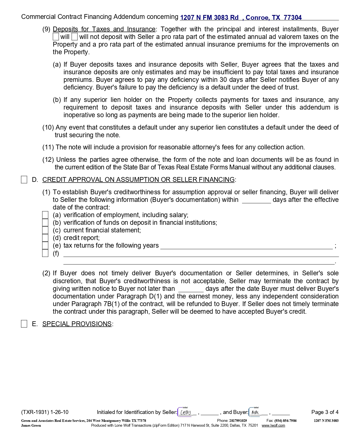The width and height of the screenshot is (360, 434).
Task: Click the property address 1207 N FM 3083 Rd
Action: click(x=209, y=18)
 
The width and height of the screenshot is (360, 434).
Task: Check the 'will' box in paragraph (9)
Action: click(x=56, y=37)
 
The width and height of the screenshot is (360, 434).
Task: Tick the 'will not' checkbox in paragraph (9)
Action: click(x=75, y=37)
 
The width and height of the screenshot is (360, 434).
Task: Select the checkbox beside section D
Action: click(x=24, y=180)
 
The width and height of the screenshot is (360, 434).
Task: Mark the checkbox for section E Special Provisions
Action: click(x=24, y=324)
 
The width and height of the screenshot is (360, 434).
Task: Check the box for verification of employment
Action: click(x=45, y=215)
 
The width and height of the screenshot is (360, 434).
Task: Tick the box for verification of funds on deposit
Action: click(x=45, y=223)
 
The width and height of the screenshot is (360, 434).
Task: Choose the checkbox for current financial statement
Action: click(x=45, y=230)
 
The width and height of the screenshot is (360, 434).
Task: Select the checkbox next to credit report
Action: click(x=45, y=238)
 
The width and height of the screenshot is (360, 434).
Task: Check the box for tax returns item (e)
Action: click(x=45, y=245)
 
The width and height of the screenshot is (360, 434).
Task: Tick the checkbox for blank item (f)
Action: click(x=45, y=253)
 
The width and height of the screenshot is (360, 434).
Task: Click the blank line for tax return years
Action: click(x=246, y=246)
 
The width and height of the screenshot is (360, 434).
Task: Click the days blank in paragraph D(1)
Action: click(x=256, y=200)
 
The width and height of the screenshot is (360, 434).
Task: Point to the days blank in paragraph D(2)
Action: click(x=191, y=289)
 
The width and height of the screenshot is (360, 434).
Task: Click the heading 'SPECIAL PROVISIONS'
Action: click(x=77, y=324)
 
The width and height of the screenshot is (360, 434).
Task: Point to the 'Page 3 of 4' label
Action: click(x=325, y=412)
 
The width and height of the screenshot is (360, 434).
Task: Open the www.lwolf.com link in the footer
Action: click(x=273, y=426)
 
